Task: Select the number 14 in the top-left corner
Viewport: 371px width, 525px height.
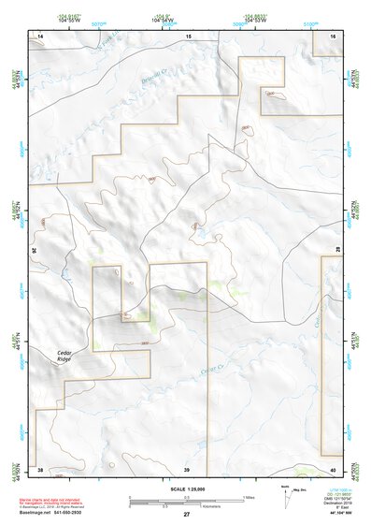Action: [x=40, y=35]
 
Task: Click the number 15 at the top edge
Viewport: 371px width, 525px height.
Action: [x=187, y=35]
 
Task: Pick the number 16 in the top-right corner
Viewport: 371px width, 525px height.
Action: [x=332, y=35]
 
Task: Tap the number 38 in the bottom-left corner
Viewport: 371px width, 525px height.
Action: [x=40, y=468]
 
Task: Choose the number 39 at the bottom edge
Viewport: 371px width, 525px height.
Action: [x=187, y=468]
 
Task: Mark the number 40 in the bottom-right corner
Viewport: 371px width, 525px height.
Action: [x=332, y=468]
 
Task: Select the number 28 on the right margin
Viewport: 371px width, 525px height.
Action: [x=338, y=248]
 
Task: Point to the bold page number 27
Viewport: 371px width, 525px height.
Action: [x=186, y=514]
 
